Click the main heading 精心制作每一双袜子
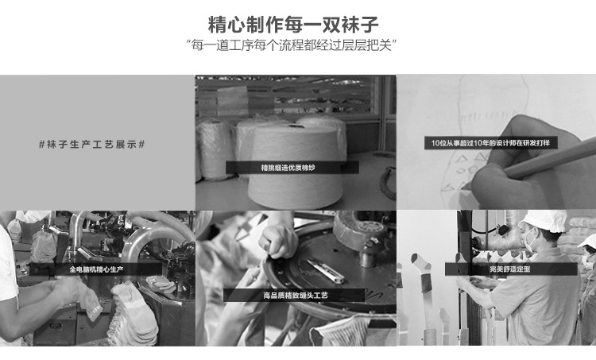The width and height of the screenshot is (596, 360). (x=293, y=25)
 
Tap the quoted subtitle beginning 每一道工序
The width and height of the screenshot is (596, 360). (x=291, y=45)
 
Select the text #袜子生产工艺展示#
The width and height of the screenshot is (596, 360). (x=92, y=145)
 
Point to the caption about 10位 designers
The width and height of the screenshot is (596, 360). (x=490, y=143)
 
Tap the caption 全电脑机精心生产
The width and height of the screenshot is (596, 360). (x=96, y=269)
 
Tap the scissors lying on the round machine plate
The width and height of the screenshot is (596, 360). (x=325, y=270)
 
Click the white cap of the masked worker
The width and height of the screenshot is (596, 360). (x=543, y=219)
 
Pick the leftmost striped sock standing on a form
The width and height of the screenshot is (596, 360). (x=423, y=273)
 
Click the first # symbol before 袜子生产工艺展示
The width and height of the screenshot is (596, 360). (x=42, y=145)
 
